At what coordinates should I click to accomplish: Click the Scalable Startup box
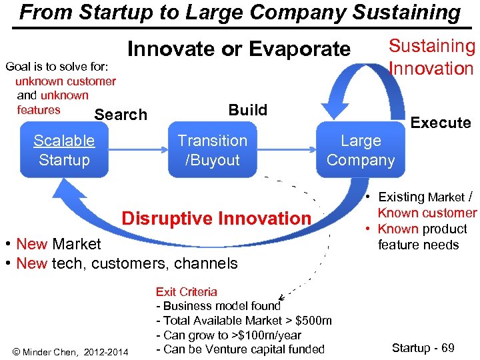(x=64, y=150)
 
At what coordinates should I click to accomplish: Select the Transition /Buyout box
(x=212, y=150)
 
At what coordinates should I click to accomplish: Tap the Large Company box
(x=361, y=150)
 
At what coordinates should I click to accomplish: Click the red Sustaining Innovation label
(x=431, y=57)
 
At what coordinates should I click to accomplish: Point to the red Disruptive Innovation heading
(x=216, y=219)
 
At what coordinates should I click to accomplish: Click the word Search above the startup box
(x=121, y=115)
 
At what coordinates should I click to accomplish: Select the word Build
(x=247, y=110)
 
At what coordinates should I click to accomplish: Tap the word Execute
(x=441, y=123)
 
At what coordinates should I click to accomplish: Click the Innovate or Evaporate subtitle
(x=239, y=49)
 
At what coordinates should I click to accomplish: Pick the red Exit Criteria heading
(x=186, y=291)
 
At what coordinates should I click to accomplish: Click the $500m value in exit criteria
(x=314, y=321)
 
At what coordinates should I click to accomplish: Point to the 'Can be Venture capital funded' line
(x=240, y=349)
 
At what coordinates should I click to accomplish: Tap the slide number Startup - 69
(x=423, y=348)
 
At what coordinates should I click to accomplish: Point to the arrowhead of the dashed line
(x=281, y=297)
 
